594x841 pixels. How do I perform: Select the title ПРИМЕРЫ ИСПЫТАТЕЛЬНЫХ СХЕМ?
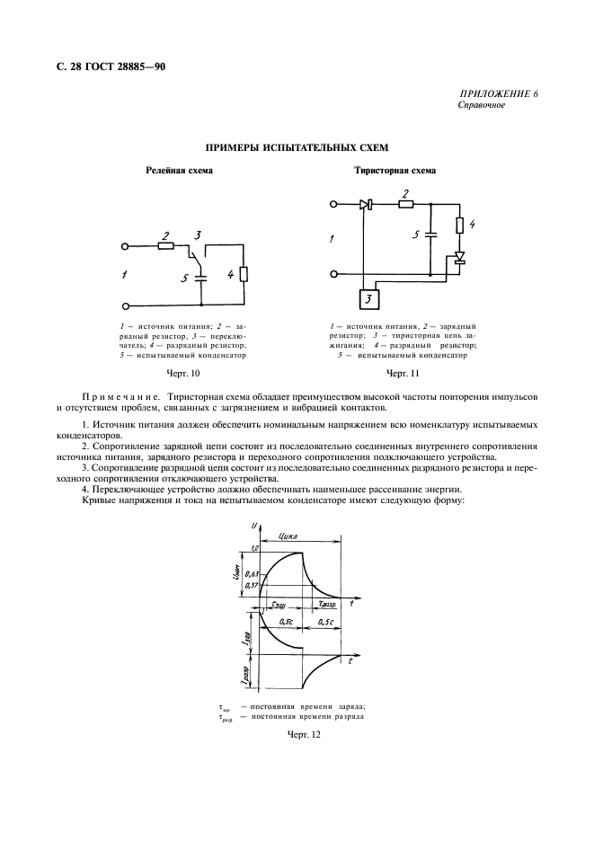[x=297, y=146]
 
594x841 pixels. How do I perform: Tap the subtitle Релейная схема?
[x=180, y=170]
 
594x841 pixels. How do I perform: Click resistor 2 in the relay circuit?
[x=166, y=244]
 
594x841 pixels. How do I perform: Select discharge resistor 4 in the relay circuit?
[x=244, y=275]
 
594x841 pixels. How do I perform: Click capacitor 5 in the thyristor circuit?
[x=430, y=236]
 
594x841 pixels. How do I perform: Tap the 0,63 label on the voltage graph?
[x=252, y=573]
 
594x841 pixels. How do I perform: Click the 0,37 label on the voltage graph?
[x=252, y=585]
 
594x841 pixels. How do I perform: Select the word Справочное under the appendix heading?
[x=482, y=105]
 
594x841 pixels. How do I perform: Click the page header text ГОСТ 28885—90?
[x=124, y=66]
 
